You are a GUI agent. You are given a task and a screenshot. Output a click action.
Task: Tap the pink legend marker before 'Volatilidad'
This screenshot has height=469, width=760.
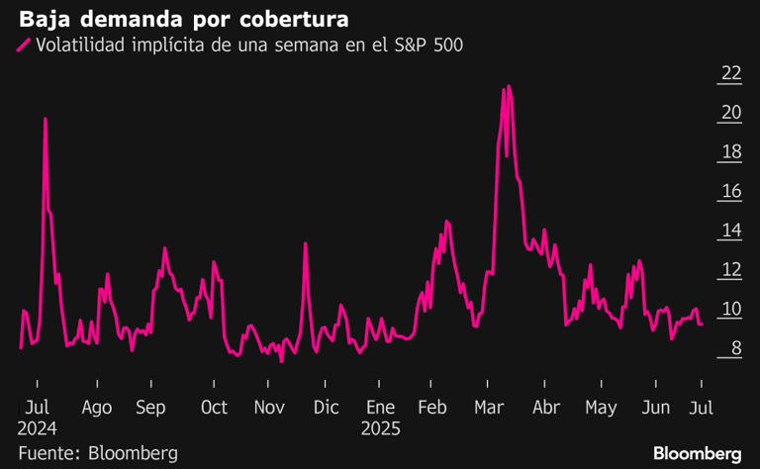pos(24,46)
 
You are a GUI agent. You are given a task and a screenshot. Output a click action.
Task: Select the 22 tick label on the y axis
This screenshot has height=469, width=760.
pos(731,72)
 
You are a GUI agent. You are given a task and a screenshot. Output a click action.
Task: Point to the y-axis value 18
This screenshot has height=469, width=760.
pos(731,152)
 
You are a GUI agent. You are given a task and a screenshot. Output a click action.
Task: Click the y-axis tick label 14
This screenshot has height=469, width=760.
pos(731,231)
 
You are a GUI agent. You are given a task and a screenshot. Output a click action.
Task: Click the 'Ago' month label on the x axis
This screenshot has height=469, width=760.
pos(96,407)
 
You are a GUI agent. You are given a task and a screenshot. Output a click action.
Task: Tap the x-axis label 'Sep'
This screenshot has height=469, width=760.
pos(150,407)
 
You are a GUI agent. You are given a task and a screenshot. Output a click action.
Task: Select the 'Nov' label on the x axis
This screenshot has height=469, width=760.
pos(268,407)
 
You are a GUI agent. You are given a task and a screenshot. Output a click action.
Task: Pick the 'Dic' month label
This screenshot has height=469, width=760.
pos(326,407)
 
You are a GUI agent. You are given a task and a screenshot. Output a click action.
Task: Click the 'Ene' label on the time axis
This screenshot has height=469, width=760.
pos(380,407)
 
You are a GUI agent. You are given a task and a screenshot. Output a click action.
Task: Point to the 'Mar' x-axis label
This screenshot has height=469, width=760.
pos(490,407)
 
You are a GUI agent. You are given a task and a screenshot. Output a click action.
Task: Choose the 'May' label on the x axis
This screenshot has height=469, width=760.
pos(601,407)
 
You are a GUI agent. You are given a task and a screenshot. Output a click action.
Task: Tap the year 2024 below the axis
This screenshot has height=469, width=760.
pos(38,428)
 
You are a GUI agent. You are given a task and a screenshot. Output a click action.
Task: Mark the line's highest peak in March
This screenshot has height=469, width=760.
pos(509,87)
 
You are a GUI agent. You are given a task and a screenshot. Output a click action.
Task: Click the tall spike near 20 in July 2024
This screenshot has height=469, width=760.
pos(46,119)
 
